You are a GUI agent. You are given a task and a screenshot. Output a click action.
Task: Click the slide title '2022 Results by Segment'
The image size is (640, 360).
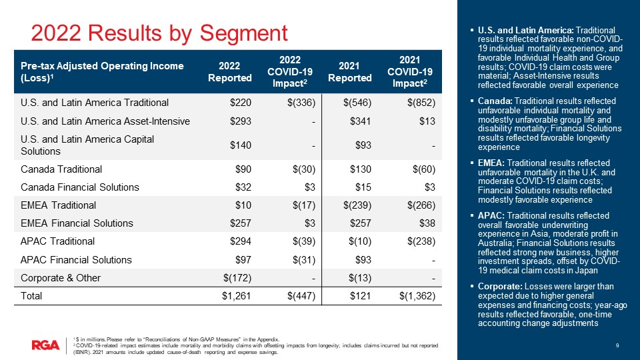(160, 33)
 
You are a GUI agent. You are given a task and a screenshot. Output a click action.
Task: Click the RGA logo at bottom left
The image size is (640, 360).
(45, 345)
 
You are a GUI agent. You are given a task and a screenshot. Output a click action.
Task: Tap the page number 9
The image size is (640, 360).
(618, 345)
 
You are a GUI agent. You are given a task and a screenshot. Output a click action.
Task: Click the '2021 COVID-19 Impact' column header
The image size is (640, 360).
(411, 72)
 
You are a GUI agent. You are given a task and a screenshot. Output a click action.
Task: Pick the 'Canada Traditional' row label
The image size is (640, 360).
(61, 169)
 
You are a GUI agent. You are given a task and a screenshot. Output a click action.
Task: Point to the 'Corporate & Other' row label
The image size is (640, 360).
(61, 277)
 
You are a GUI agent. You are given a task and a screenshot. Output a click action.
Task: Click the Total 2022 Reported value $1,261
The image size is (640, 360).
(237, 296)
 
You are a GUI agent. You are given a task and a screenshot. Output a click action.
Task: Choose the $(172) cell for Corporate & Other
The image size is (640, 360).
(236, 277)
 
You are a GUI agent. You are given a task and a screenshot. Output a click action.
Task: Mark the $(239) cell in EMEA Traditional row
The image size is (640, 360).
(355, 205)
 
